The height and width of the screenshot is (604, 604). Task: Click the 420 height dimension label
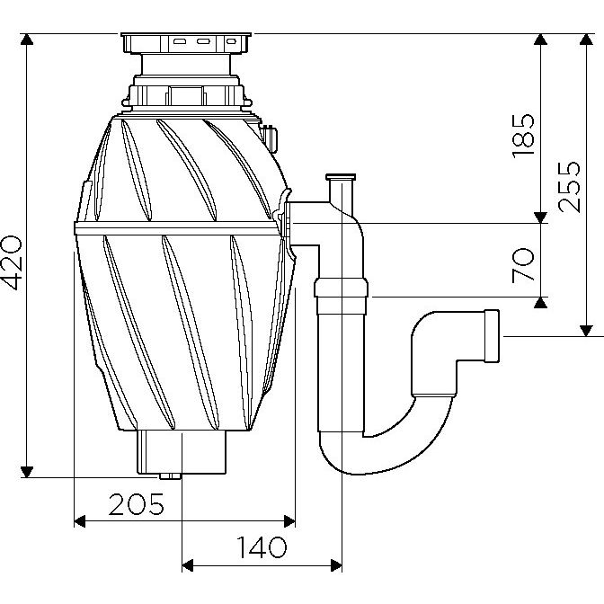pyautogui.click(x=13, y=262)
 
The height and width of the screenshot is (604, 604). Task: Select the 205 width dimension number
pyautogui.click(x=137, y=504)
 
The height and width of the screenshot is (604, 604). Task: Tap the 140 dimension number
pyautogui.click(x=262, y=547)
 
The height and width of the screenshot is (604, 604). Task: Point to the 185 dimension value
pyautogui.click(x=523, y=136)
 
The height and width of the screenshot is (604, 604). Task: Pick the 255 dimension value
pyautogui.click(x=569, y=187)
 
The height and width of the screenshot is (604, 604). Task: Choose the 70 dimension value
pyautogui.click(x=523, y=266)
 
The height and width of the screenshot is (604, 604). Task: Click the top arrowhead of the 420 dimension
pyautogui.click(x=27, y=40)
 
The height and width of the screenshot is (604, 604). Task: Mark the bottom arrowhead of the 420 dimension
pyautogui.click(x=27, y=472)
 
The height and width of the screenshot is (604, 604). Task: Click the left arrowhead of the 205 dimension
pyautogui.click(x=79, y=521)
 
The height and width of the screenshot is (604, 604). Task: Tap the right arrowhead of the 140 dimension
pyautogui.click(x=336, y=566)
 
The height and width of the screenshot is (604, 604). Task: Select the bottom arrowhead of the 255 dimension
pyautogui.click(x=586, y=331)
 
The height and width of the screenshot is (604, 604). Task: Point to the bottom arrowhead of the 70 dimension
pyautogui.click(x=541, y=303)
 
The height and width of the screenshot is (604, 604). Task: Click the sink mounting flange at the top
pyautogui.click(x=186, y=43)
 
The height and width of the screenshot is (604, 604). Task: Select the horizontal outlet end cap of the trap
pyautogui.click(x=492, y=336)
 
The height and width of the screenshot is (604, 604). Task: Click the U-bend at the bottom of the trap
pyautogui.click(x=386, y=455)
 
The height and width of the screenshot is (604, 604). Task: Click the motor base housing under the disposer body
pyautogui.click(x=182, y=452)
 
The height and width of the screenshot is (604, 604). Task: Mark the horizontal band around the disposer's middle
pyautogui.click(x=177, y=228)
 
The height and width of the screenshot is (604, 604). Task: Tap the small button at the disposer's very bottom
pyautogui.click(x=170, y=476)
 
